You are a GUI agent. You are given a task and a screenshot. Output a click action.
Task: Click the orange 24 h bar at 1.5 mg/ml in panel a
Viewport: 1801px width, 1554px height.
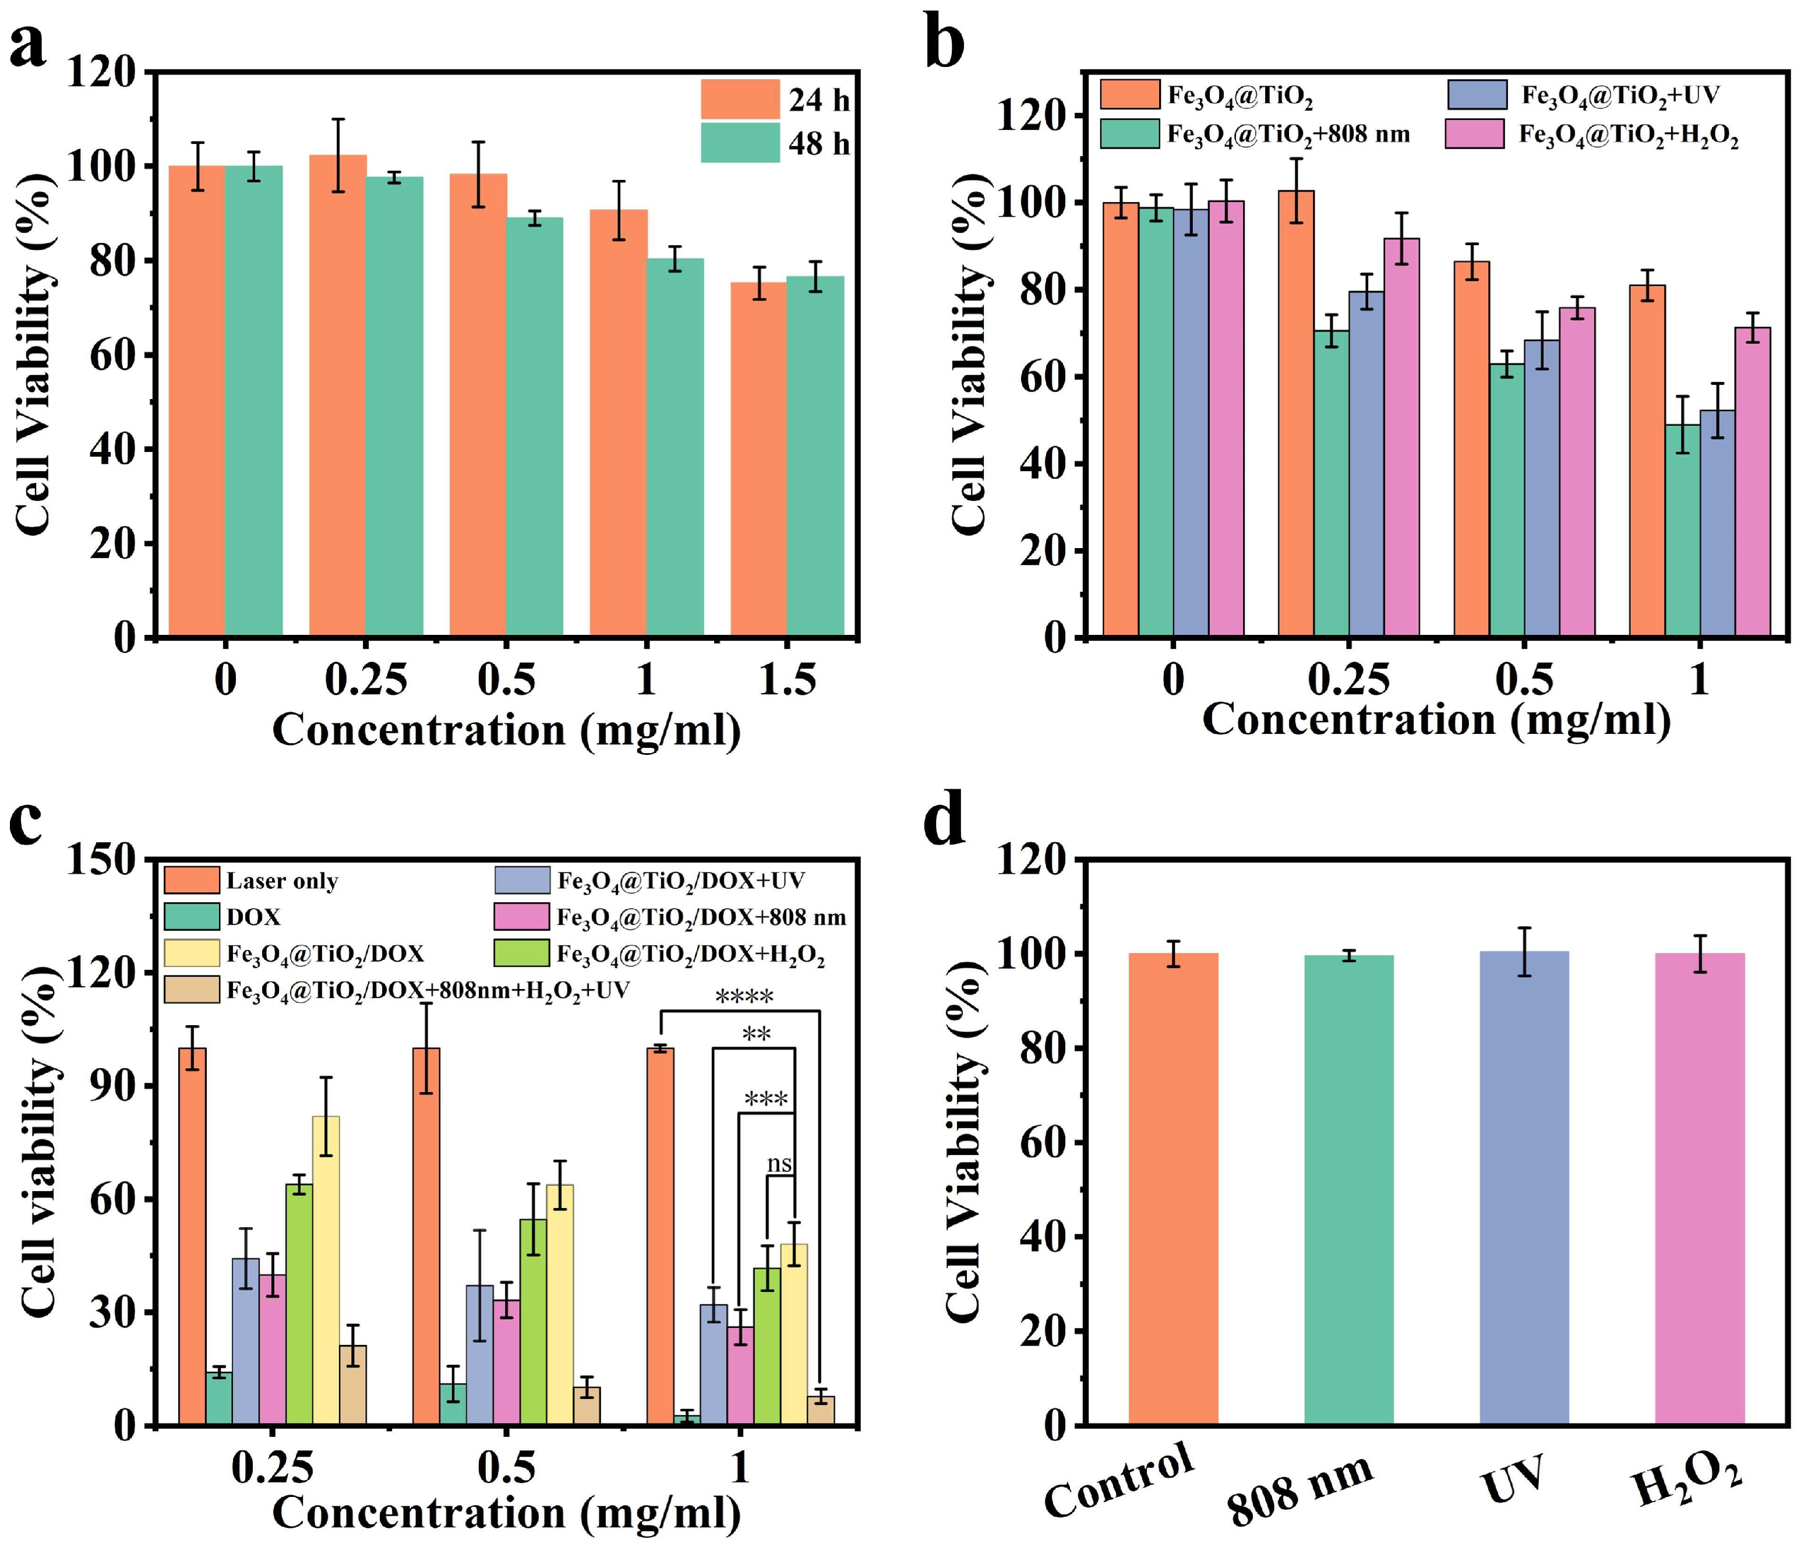point(758,461)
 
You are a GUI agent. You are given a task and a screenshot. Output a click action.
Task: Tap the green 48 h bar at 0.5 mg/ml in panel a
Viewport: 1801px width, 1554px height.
point(535,426)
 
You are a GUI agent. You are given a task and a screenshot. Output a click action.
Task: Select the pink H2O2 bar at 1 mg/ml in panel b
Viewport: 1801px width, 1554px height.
point(1752,482)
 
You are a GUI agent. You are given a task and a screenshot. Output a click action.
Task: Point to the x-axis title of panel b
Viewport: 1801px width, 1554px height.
point(1436,720)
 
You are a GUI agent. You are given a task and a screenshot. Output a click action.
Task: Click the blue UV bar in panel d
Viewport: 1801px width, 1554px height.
point(1524,1189)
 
